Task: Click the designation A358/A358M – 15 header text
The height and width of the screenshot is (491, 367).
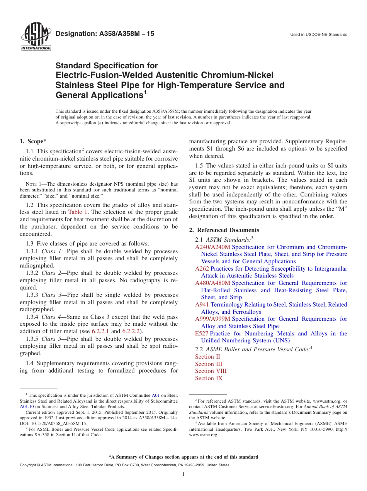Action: point(105,34)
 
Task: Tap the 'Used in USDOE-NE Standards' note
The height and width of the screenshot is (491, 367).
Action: point(319,35)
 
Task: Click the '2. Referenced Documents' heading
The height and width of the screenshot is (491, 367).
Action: point(224,230)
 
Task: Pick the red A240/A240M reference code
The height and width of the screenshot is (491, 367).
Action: point(212,247)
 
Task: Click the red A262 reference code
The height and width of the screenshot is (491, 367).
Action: point(202,269)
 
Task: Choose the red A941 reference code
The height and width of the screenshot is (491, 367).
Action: point(202,305)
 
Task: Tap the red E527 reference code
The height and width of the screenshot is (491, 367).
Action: point(202,334)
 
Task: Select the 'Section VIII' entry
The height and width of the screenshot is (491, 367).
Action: point(211,371)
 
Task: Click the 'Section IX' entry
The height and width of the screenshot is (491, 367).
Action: point(209,378)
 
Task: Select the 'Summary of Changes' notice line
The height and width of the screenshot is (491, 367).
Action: point(183,457)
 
